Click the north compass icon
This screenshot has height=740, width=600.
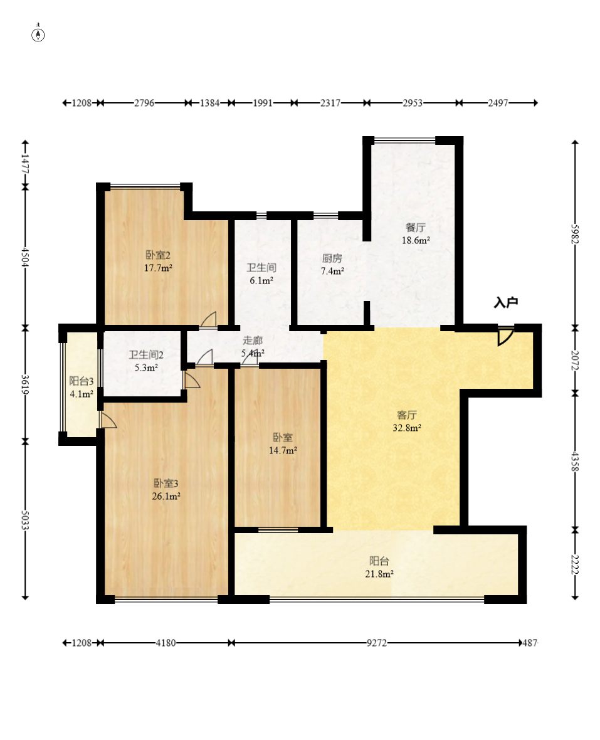click(38, 34)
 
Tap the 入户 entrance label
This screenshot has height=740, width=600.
click(506, 302)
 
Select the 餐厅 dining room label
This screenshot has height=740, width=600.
click(416, 228)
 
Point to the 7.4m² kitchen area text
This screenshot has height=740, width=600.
click(332, 271)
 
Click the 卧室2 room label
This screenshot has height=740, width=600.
click(157, 255)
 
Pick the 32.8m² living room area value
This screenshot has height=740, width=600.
click(407, 428)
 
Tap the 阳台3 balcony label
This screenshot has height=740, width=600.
click(81, 381)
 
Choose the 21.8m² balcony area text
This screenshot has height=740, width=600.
click(379, 574)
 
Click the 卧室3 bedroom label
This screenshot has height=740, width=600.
click(166, 484)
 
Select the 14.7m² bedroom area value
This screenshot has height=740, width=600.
click(283, 450)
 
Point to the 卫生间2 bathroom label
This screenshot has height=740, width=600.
click(146, 355)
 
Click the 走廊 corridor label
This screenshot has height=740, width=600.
click(253, 341)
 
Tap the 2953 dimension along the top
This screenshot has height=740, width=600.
click(413, 103)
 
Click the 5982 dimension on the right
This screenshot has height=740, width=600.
click(574, 234)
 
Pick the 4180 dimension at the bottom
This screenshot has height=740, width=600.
click(166, 643)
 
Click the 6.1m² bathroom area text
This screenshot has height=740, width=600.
click(261, 281)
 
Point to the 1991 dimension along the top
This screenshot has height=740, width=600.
click(263, 103)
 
